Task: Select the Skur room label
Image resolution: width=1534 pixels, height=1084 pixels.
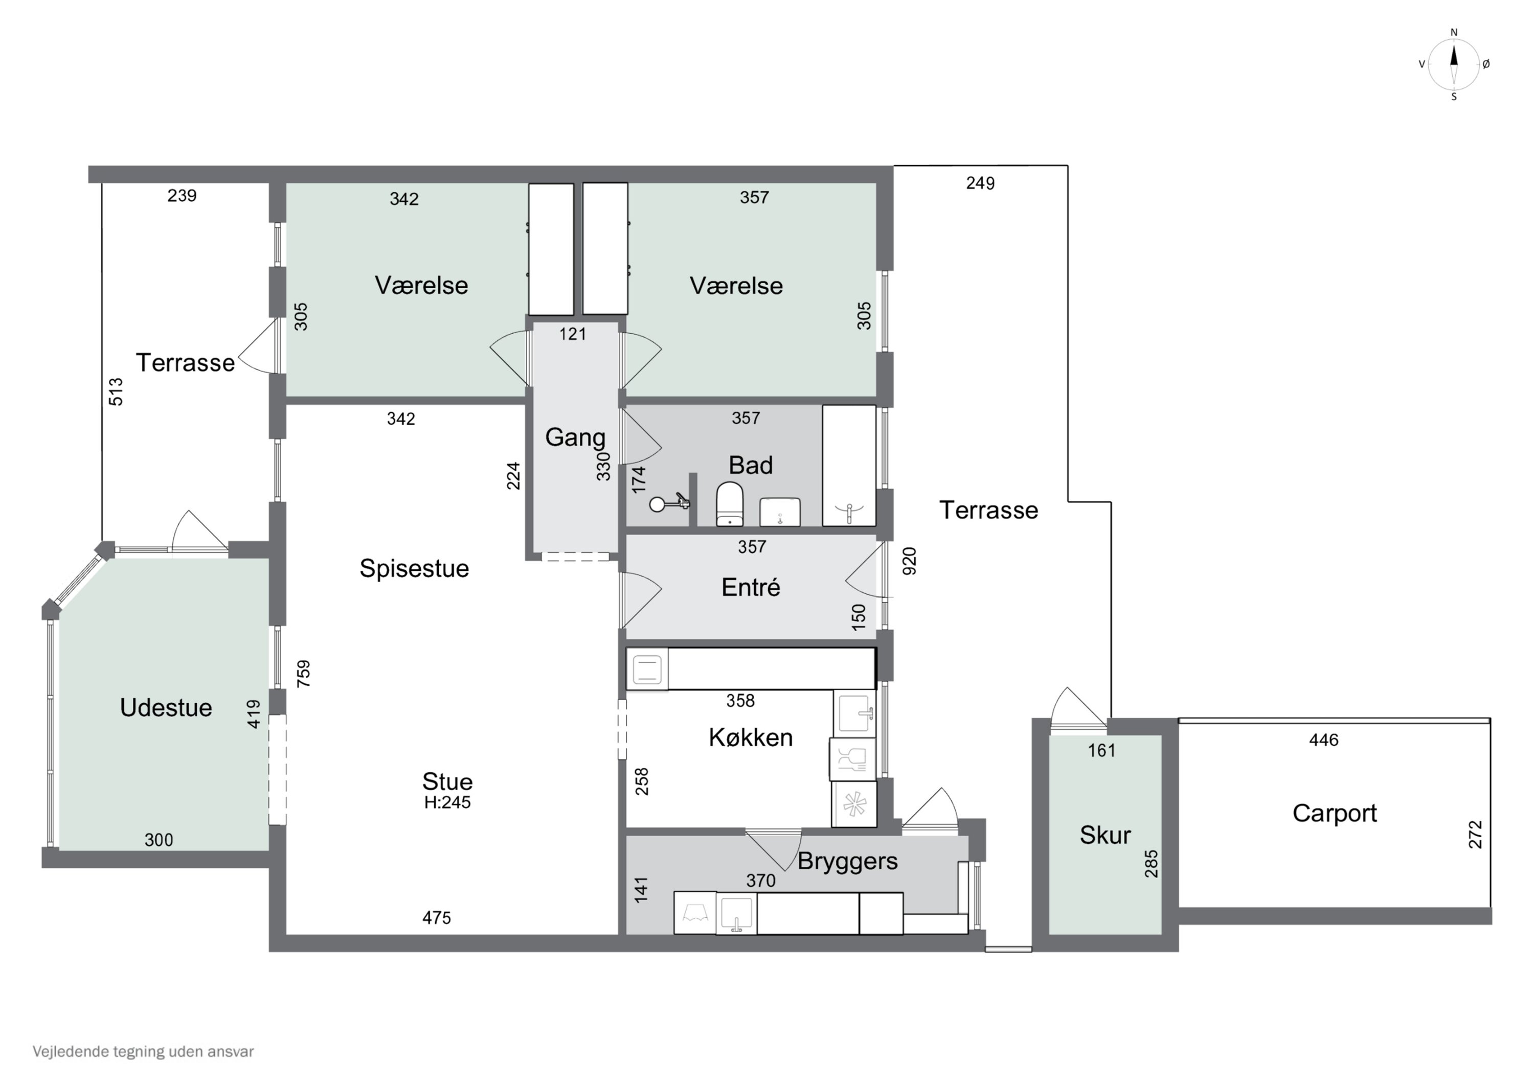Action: (x=1105, y=835)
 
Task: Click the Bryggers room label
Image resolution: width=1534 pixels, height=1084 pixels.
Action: (x=847, y=861)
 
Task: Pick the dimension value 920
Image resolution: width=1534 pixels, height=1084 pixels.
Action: (x=909, y=561)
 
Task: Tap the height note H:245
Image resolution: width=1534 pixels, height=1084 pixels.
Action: (x=447, y=802)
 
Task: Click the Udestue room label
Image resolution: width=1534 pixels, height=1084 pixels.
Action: (x=166, y=707)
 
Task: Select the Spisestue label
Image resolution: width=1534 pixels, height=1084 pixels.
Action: (x=414, y=568)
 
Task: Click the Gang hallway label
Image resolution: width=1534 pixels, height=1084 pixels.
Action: (x=575, y=437)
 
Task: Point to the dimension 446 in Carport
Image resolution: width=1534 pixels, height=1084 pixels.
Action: (x=1323, y=740)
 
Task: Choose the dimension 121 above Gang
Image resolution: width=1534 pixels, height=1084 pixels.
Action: (x=573, y=334)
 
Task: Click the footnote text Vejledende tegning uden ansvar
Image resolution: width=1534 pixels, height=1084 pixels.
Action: (x=143, y=1051)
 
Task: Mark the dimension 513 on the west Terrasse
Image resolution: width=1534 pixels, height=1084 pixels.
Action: (x=116, y=391)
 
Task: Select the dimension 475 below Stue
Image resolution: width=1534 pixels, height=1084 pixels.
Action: (x=436, y=918)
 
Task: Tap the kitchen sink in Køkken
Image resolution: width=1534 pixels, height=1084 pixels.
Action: (x=854, y=713)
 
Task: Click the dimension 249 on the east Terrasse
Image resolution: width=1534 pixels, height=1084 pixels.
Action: (x=980, y=183)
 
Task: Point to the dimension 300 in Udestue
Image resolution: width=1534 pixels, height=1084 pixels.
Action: (x=159, y=840)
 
